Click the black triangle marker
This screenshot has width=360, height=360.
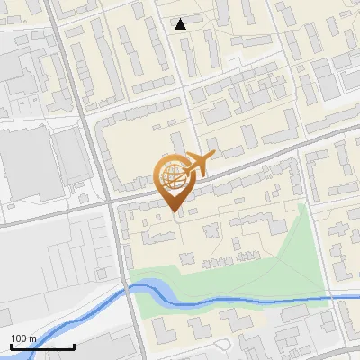click(x=181, y=24)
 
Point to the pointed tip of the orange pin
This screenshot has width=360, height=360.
click(x=174, y=212)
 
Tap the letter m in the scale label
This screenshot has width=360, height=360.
click(x=33, y=338)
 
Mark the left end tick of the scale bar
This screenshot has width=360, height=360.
click(x=11, y=346)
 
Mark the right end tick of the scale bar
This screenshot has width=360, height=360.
click(x=74, y=346)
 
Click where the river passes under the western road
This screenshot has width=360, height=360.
click(x=125, y=289)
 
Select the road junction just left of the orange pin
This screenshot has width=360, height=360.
click(x=112, y=203)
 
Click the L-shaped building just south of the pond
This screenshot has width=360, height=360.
click(x=171, y=324)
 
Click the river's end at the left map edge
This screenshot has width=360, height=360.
click(x=2, y=326)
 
